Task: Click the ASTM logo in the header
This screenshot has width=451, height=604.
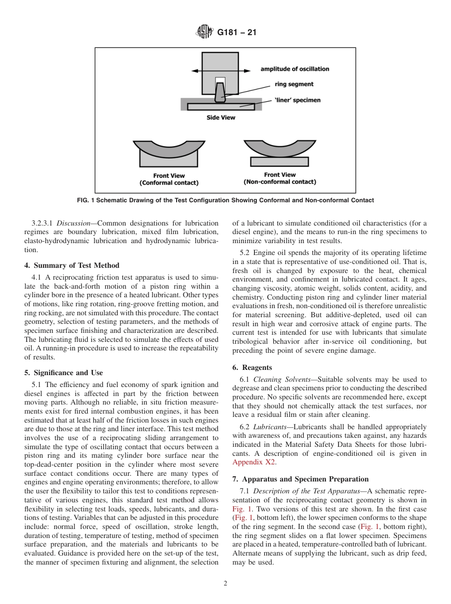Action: pos(205,33)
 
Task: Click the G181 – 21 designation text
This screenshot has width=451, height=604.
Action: pos(236,33)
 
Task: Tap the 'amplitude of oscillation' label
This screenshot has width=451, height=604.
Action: pos(294,69)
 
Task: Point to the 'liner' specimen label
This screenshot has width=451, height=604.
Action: pos(298,100)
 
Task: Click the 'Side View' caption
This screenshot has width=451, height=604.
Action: pos(220,117)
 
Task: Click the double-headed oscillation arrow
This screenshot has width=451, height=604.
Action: pos(221,71)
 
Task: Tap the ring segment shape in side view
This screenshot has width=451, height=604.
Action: pos(220,93)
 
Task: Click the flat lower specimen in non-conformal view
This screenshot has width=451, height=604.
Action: pos(280,162)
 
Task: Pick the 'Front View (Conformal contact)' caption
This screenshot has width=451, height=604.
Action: pos(169,179)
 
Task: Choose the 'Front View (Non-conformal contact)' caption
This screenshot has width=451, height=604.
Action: pos(280,179)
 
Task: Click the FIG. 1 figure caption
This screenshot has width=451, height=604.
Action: pos(225,200)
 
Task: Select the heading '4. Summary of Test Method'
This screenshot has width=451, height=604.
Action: pos(72,265)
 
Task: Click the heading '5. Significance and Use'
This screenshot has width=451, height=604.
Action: pos(64,373)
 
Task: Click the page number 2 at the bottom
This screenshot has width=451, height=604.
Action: pos(225,584)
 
